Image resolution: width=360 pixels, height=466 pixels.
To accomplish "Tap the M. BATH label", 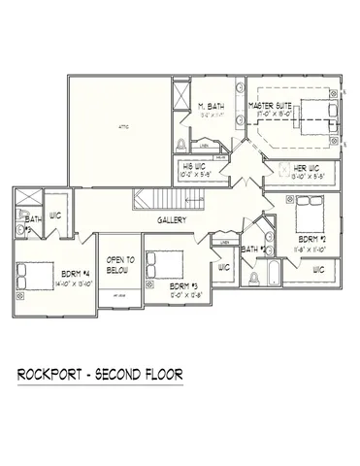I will tap(212, 106).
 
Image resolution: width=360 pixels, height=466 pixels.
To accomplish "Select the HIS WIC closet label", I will tap(197, 166).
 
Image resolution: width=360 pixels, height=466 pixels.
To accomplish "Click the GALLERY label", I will tap(173, 220).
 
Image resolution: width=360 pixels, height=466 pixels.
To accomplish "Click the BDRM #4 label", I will tap(76, 275).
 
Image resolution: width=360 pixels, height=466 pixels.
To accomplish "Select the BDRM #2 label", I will tap(311, 238).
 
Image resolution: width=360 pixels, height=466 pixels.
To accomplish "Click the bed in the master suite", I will tap(318, 115).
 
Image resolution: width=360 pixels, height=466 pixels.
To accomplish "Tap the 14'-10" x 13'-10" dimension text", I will tap(76, 284).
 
